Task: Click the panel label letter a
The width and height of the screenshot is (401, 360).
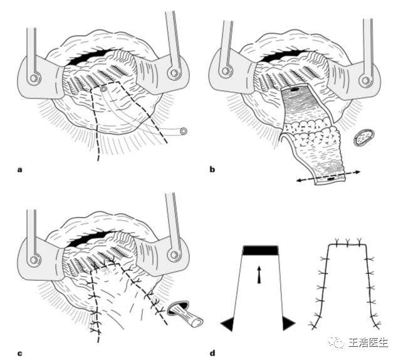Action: (x=20, y=170)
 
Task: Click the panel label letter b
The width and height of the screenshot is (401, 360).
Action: (x=212, y=169)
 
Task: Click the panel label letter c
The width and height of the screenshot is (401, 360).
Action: (x=20, y=354)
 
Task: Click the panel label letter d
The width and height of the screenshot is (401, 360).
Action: (x=212, y=353)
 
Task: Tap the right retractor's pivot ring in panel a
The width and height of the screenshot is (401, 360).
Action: (x=174, y=73)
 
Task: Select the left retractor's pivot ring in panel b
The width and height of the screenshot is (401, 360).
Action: (x=226, y=71)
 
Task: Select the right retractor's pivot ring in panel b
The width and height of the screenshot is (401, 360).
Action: (x=366, y=80)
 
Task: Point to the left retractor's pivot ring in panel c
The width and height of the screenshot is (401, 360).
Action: (x=34, y=260)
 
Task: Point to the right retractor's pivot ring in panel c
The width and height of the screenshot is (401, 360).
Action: (x=174, y=255)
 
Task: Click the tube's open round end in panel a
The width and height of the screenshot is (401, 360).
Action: (x=184, y=131)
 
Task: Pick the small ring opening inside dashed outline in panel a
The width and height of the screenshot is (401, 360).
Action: (x=103, y=89)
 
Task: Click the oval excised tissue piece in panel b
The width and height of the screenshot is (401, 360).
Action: (x=364, y=137)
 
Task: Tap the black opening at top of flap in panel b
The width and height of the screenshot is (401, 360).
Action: (x=294, y=90)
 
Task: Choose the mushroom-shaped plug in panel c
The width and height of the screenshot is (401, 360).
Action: (x=185, y=314)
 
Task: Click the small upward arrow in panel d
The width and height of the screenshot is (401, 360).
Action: (x=259, y=275)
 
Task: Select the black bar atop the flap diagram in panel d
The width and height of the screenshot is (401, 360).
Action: (x=261, y=250)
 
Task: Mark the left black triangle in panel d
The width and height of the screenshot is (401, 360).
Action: (x=227, y=324)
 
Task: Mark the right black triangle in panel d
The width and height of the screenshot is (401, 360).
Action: (x=289, y=324)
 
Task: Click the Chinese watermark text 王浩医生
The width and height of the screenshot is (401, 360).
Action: (x=368, y=342)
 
